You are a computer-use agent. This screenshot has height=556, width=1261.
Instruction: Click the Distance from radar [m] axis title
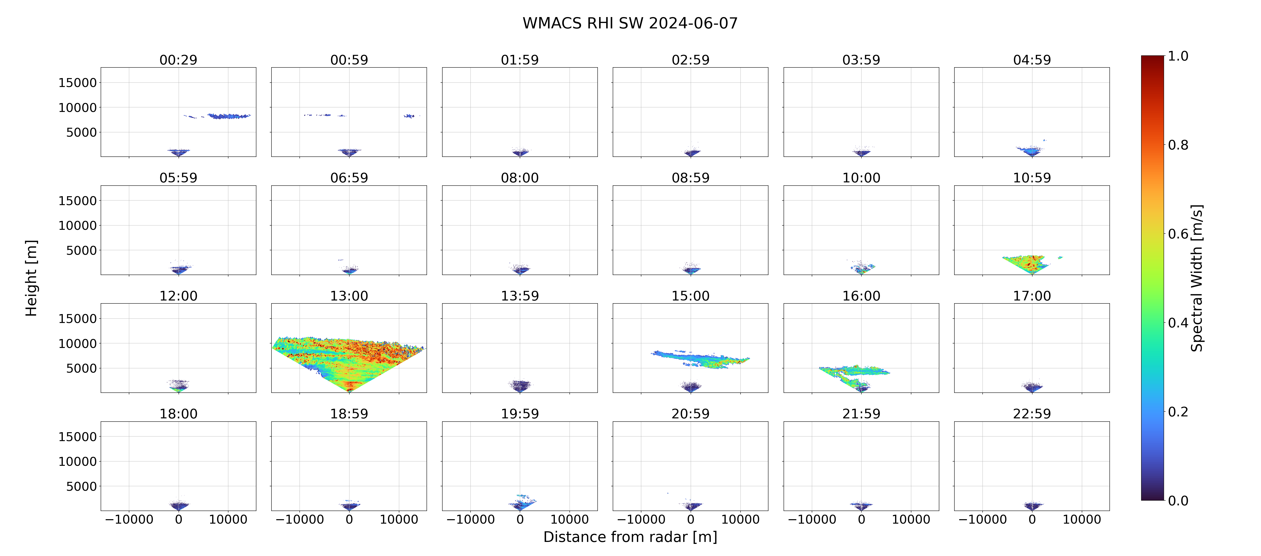(630, 537)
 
